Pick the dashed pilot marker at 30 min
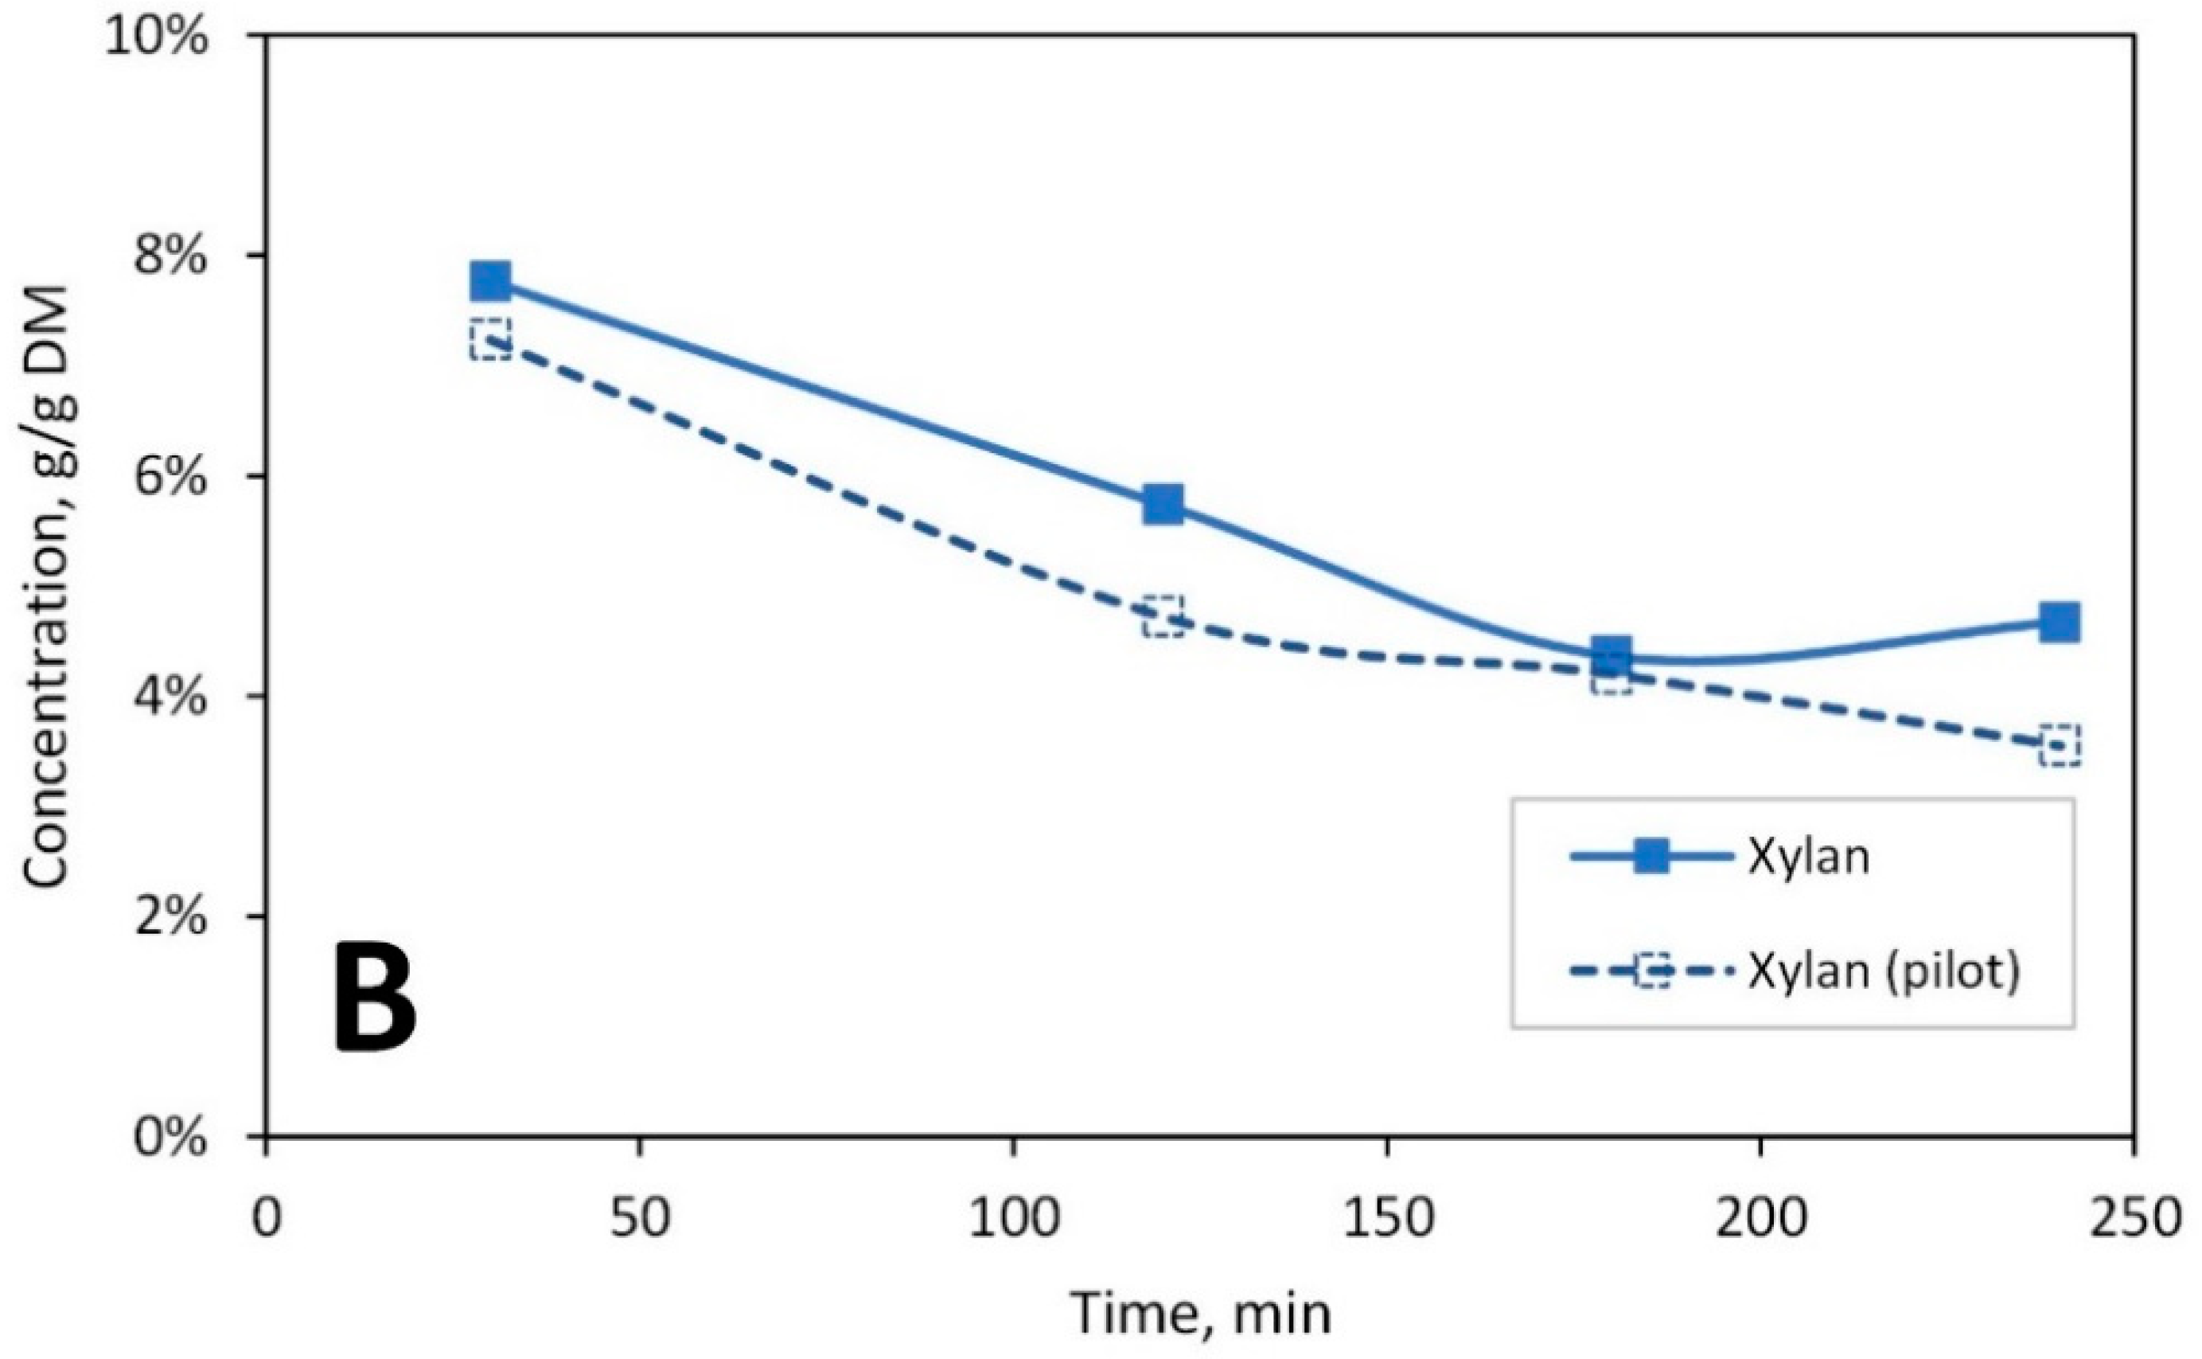tap(490, 340)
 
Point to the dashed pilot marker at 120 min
tap(1163, 616)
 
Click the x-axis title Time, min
tap(1200, 1313)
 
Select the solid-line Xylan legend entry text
tap(1806, 857)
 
